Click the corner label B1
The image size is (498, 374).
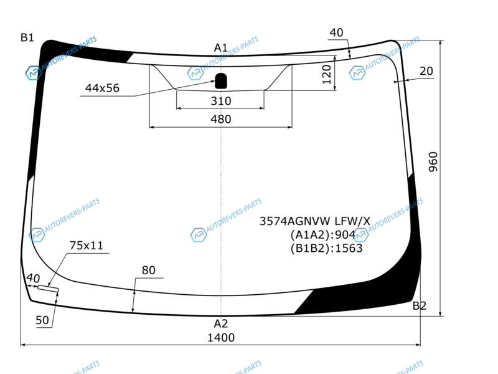point(27,37)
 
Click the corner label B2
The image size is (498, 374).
point(419,305)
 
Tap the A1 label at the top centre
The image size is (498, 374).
point(221,48)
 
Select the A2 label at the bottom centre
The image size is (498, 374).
point(221,324)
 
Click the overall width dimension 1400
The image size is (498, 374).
point(221,337)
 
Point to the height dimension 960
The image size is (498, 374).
point(433,162)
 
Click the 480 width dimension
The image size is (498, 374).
point(221,119)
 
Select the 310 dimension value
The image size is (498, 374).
point(221,101)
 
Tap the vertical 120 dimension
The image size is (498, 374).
point(327,74)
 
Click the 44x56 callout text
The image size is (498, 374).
point(102,88)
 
